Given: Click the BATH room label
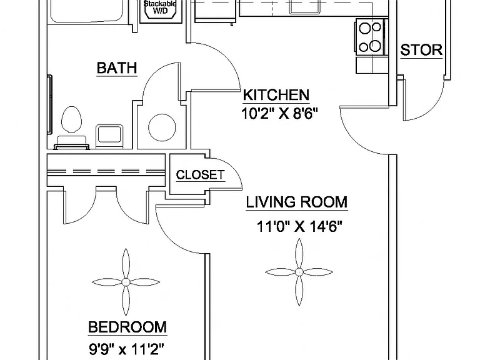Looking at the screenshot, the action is coord(117,68).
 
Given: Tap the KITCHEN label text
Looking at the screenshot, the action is coord(276,95).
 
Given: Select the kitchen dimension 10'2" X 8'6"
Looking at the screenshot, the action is coord(279,114).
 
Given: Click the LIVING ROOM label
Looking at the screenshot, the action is coord(297,202).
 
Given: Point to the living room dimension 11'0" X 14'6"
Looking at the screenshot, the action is coord(299,227).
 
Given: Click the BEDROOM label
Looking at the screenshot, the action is coord(127,327).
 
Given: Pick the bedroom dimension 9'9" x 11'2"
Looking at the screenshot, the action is coord(126,348).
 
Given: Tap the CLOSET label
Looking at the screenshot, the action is coord(200,175).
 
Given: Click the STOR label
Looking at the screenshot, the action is coord(421,50).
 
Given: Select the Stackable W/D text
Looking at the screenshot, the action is coord(160,7).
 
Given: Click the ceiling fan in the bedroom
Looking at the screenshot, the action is coord(126,282).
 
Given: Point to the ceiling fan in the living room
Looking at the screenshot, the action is coord(299,272).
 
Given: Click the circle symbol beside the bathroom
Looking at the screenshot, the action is coord(162,127).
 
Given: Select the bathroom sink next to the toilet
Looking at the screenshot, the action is coord(109,136).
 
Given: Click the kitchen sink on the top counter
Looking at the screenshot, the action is coord(305,7).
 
